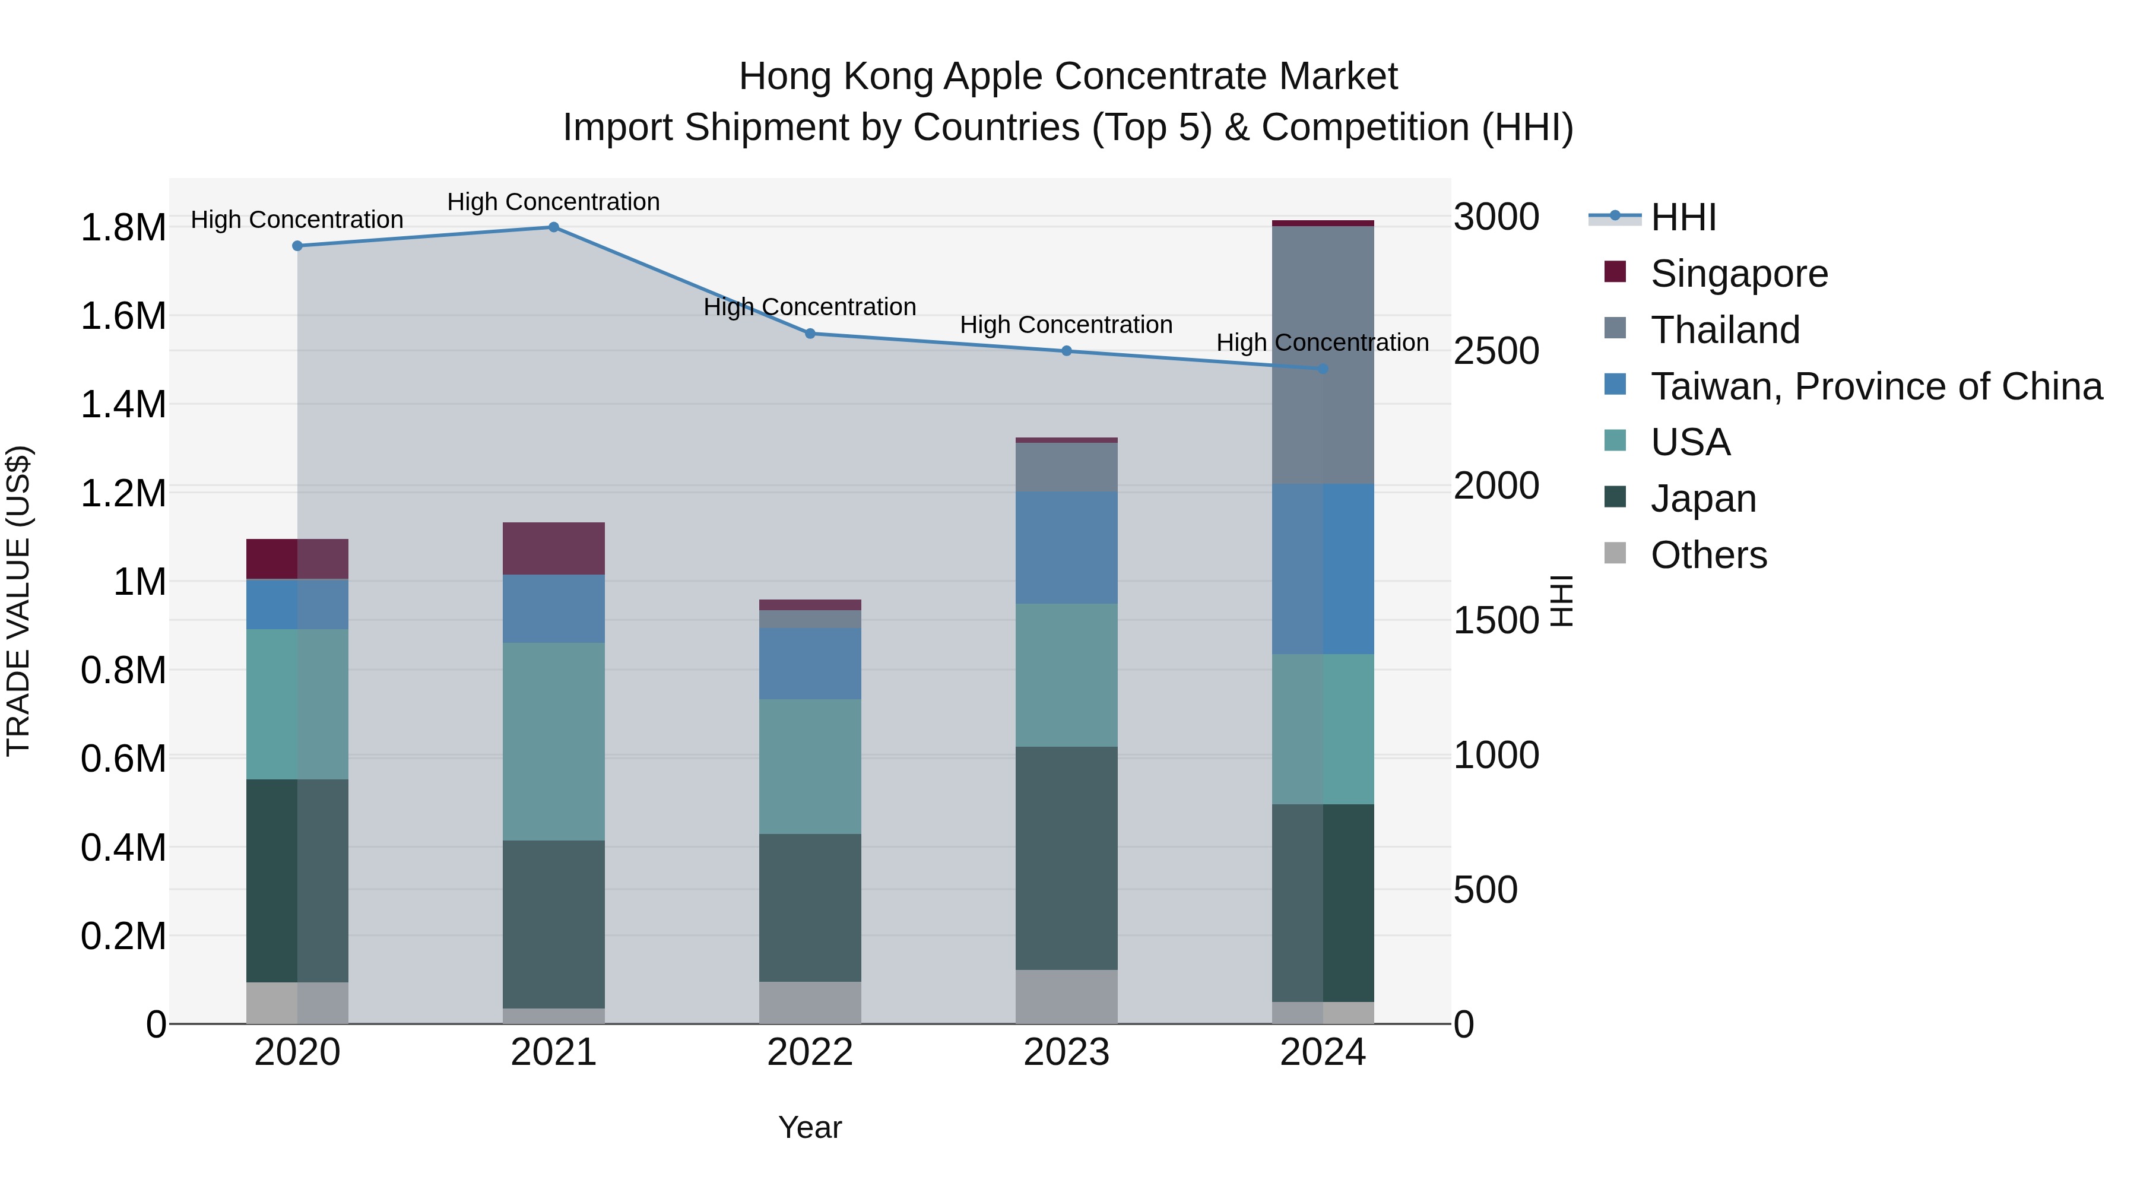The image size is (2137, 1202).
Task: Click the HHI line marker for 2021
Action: click(553, 227)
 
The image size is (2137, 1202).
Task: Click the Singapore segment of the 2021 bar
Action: click(553, 548)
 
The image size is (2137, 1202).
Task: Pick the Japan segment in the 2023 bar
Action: click(1066, 858)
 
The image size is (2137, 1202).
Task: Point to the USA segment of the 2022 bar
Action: click(810, 766)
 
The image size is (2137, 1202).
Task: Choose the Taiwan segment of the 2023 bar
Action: click(1066, 547)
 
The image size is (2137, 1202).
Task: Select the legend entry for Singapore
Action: click(1738, 274)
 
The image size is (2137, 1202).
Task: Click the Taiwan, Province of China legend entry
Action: click(1875, 386)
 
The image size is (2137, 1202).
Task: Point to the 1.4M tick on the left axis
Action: click(123, 405)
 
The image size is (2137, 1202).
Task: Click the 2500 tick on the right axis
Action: click(1496, 351)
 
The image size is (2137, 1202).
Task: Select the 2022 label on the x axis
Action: click(810, 1052)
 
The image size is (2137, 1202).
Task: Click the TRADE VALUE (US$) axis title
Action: click(18, 601)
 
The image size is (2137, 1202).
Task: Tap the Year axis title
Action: click(810, 1127)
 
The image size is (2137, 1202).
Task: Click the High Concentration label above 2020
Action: click(297, 220)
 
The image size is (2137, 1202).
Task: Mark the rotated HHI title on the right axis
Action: click(1561, 601)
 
